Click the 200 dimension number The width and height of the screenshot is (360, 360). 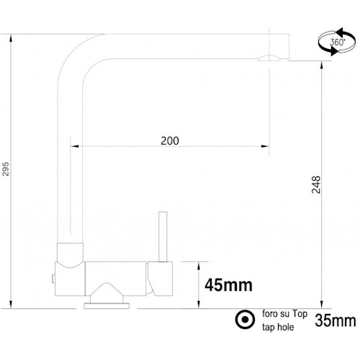click(169, 140)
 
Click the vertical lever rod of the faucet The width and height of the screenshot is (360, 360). click(163, 238)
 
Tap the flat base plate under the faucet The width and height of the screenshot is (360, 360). click(108, 305)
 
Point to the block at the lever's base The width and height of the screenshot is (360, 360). click(161, 276)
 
